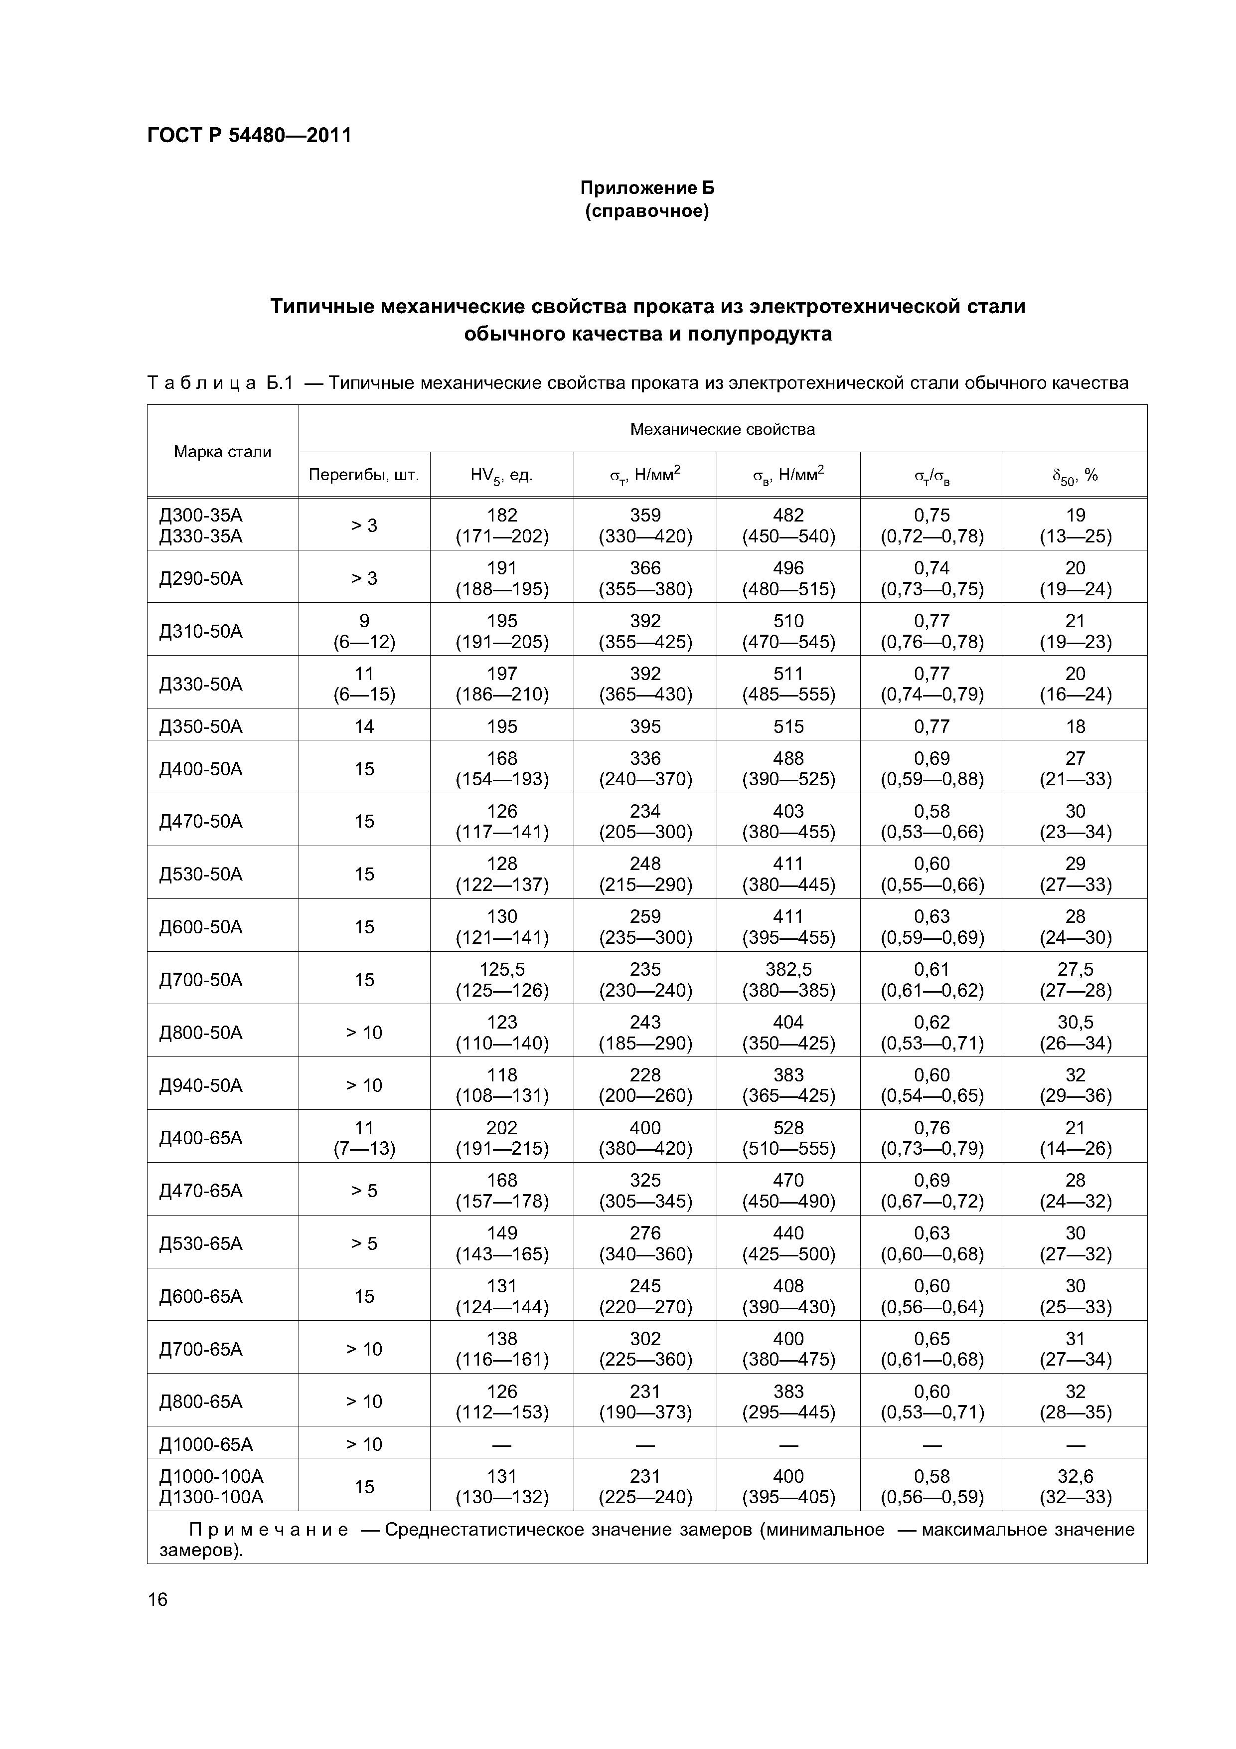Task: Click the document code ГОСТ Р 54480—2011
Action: click(x=249, y=136)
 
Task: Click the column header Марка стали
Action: click(x=222, y=452)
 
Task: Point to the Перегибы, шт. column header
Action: click(x=364, y=475)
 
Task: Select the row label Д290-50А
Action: click(x=201, y=578)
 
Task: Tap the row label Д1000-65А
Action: click(x=206, y=1444)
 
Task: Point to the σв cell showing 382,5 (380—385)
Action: click(x=788, y=980)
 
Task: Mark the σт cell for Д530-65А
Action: click(x=645, y=1243)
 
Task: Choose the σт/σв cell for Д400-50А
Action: click(x=932, y=769)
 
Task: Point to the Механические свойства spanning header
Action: click(x=722, y=429)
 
